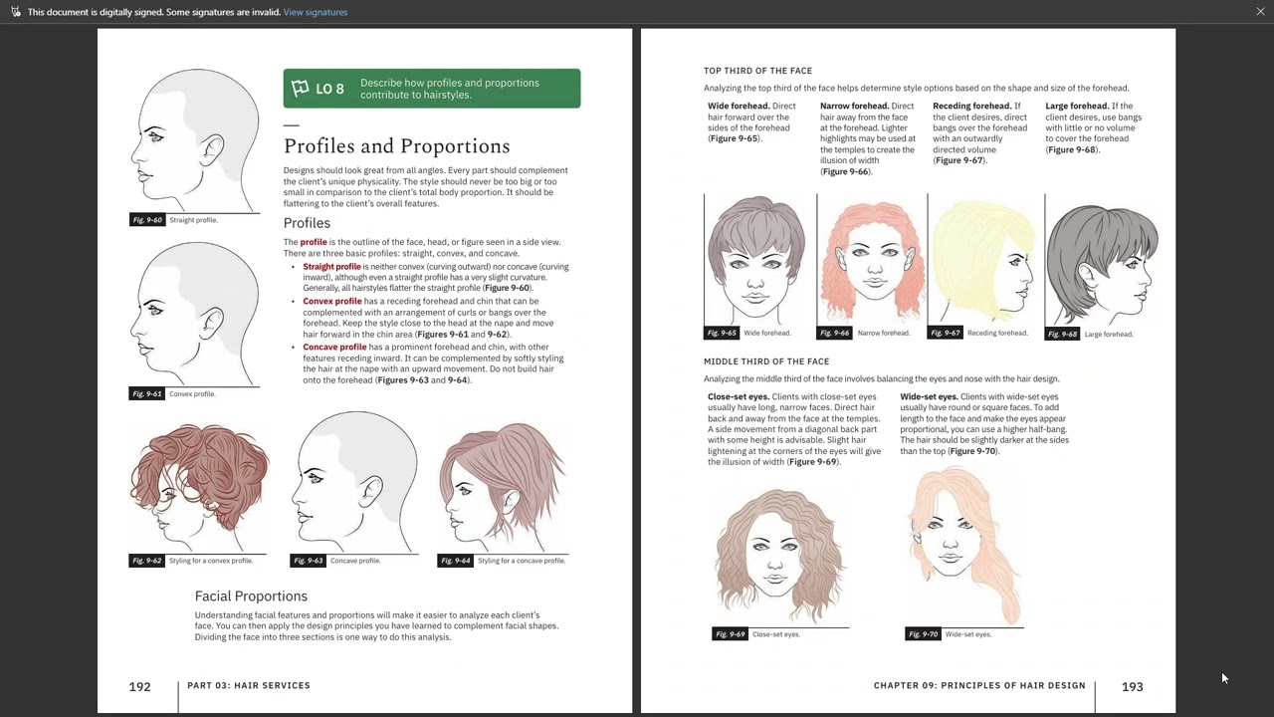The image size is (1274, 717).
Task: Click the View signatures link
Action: (x=316, y=12)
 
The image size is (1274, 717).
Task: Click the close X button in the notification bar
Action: (x=1260, y=12)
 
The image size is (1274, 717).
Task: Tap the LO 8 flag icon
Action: (x=301, y=89)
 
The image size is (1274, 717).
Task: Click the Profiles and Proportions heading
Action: (x=396, y=146)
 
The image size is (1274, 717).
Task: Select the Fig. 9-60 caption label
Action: (x=146, y=220)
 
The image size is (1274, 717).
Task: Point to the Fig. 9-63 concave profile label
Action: (x=308, y=561)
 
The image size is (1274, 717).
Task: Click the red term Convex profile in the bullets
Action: (x=332, y=301)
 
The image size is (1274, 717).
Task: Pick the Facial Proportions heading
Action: (x=251, y=596)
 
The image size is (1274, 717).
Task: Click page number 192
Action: (x=139, y=686)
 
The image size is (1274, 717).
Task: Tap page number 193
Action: (x=1132, y=686)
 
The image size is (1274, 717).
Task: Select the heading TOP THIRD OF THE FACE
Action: (x=757, y=71)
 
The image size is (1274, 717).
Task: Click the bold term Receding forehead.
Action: (x=970, y=106)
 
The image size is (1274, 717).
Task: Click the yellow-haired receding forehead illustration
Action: (x=984, y=261)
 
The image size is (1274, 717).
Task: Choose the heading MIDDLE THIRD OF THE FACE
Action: (x=766, y=361)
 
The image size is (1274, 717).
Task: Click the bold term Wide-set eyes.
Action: (x=928, y=396)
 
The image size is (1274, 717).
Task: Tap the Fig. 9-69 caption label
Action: (x=730, y=634)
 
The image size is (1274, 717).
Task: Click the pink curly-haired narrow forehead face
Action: (x=871, y=261)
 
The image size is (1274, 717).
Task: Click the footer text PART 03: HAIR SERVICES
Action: (x=249, y=685)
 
